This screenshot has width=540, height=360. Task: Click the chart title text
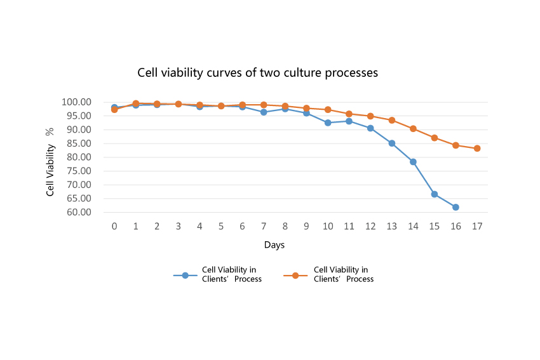click(x=257, y=73)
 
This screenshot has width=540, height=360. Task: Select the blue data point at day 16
click(x=456, y=207)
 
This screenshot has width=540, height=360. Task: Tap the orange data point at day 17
click(x=477, y=149)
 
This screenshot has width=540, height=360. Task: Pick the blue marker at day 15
click(x=435, y=194)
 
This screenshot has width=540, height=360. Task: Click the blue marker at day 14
click(x=413, y=162)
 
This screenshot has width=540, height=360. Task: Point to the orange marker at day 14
click(x=413, y=129)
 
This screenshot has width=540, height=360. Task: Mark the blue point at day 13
click(x=392, y=143)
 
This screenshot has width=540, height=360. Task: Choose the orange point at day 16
click(x=456, y=145)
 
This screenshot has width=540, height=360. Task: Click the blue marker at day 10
click(x=328, y=123)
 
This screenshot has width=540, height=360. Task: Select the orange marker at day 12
click(x=370, y=116)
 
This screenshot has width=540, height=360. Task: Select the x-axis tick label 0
click(x=114, y=227)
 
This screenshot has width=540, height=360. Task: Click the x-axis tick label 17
click(x=477, y=227)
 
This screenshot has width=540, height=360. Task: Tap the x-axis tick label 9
click(x=306, y=227)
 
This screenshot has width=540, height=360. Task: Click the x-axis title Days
click(x=274, y=245)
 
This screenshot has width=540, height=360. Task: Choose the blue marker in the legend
click(x=186, y=276)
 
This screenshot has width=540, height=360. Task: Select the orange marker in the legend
click(x=295, y=276)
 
